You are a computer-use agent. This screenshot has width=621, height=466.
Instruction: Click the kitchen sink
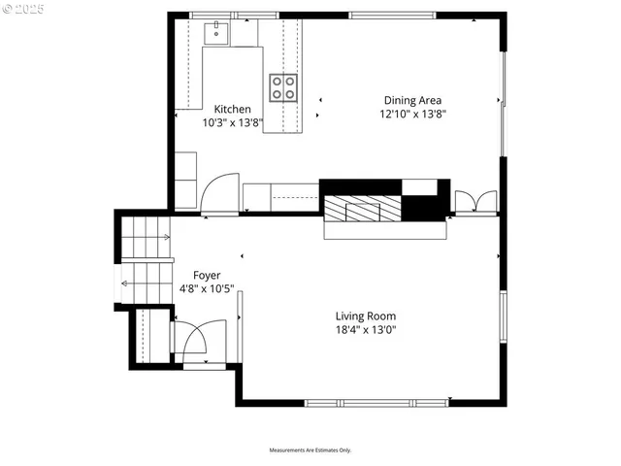(x=215, y=33)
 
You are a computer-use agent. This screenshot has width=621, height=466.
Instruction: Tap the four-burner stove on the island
(x=283, y=87)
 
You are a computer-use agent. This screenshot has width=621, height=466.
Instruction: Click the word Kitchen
(x=232, y=109)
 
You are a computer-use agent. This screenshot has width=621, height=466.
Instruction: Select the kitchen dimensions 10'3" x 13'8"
(x=232, y=123)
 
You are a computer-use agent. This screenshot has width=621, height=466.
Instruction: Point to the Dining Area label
(x=413, y=100)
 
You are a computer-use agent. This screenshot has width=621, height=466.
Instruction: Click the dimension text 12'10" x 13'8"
(x=413, y=115)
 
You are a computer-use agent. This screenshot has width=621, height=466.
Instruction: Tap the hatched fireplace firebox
(x=362, y=208)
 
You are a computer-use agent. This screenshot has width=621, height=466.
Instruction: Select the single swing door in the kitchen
(x=218, y=192)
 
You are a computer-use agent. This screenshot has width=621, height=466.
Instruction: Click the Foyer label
(x=207, y=275)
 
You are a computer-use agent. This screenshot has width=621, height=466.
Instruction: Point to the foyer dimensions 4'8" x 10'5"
(x=207, y=289)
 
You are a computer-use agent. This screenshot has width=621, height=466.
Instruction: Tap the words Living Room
(x=366, y=316)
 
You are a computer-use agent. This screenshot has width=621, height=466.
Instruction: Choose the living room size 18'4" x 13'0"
(x=366, y=330)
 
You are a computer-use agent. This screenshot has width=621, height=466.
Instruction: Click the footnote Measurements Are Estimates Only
(x=310, y=450)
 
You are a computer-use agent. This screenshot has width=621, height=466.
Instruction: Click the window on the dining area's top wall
(x=390, y=15)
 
